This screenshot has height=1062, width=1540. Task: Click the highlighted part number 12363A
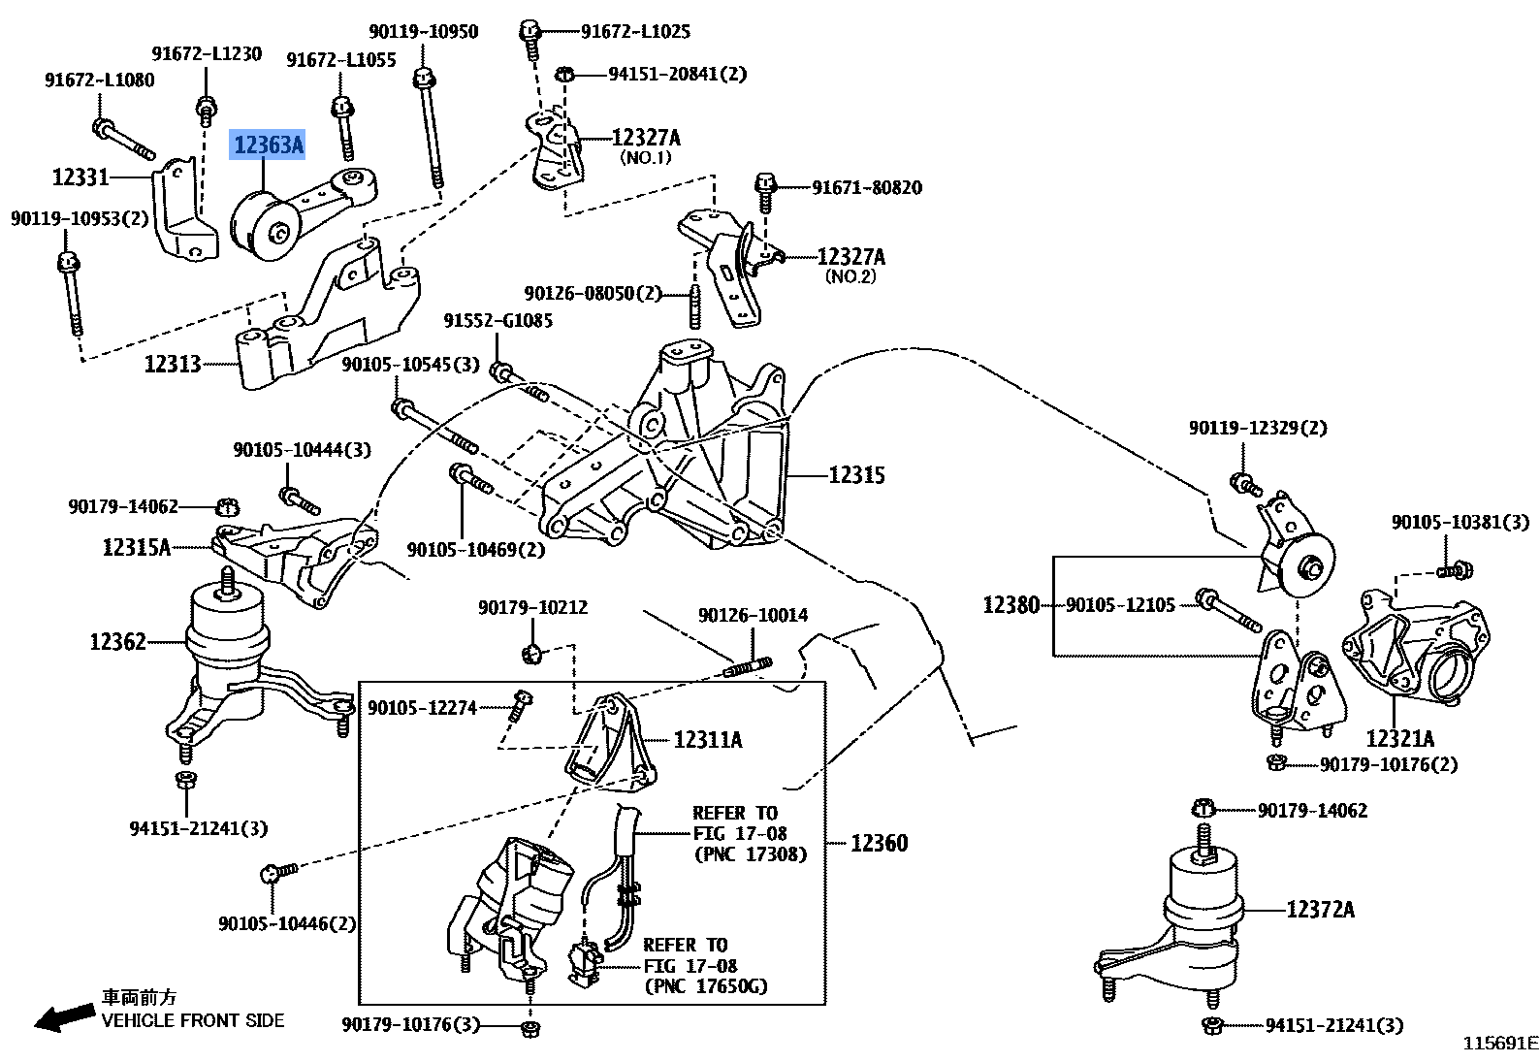pos(269,145)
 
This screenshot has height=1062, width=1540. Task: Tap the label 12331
pos(80,177)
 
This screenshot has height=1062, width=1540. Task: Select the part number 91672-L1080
pos(99,80)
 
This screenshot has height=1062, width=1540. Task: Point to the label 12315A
pos(136,548)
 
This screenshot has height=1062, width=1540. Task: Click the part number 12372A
pos(1319,910)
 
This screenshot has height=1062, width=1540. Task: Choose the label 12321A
pos(1399,739)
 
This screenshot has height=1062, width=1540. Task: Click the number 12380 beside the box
pos(1011,605)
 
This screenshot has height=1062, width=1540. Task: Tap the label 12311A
pos(707,740)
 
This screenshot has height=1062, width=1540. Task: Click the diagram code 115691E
pos(1499,1044)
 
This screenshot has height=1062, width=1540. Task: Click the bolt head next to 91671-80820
pos(765,182)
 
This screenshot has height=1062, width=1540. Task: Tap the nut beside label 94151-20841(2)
pos(566,74)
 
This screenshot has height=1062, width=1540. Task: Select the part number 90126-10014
pos(753,615)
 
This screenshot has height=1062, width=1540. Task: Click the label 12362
pos(117,642)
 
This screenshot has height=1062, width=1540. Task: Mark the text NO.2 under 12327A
pos(850,277)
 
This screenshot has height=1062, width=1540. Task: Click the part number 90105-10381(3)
pos(1460,523)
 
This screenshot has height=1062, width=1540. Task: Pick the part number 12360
pos(879,844)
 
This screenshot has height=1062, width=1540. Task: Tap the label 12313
pos(172,364)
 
